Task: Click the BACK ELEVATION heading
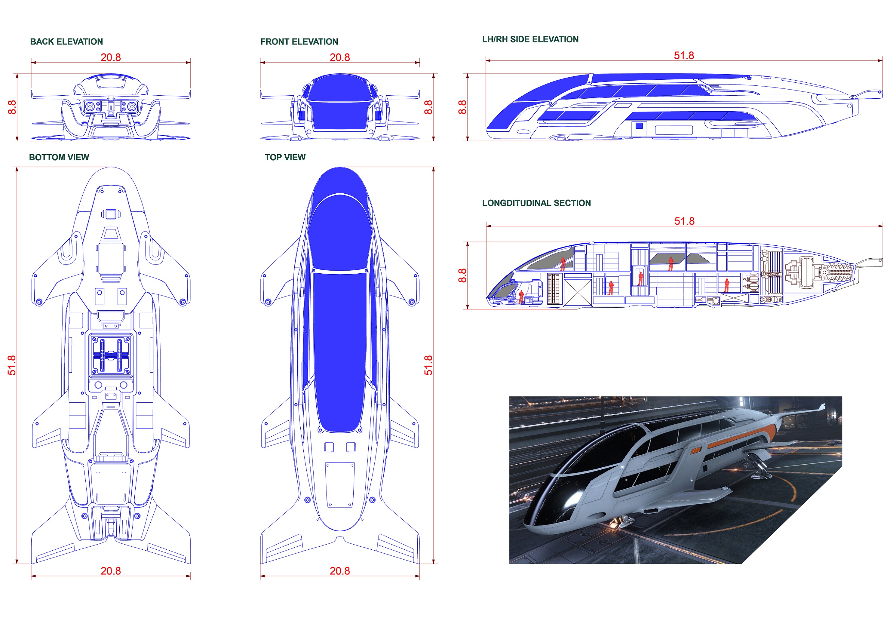coord(67,42)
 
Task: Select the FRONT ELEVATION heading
coord(299,42)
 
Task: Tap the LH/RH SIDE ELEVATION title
coord(530,39)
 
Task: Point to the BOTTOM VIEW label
coord(59,157)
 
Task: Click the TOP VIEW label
coord(285,157)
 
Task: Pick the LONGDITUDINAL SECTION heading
coord(536,203)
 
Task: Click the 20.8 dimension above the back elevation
coord(111,58)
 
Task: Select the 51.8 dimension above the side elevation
coord(684,55)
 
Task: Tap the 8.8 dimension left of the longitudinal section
coord(462,275)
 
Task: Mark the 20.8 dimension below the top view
coord(340,571)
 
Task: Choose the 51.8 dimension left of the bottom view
coord(12,366)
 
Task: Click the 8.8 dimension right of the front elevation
coord(428,107)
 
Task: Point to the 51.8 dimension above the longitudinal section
coord(685,221)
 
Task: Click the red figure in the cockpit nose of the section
coord(521,297)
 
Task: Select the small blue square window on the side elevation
coord(639,125)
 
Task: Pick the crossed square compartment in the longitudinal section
coord(578,292)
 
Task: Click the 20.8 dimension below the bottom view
coord(111,571)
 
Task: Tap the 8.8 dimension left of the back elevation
coord(12,107)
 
